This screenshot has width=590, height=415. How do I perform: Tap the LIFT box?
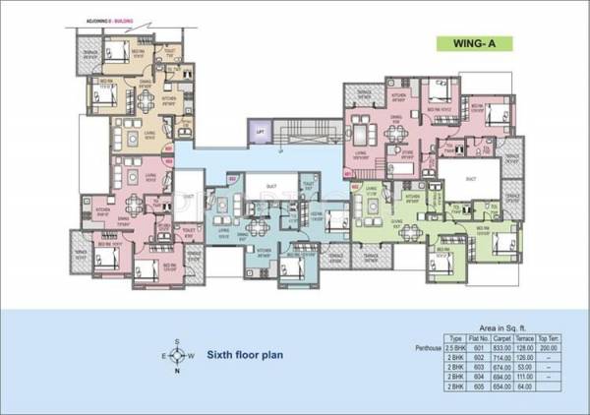click(261, 132)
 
